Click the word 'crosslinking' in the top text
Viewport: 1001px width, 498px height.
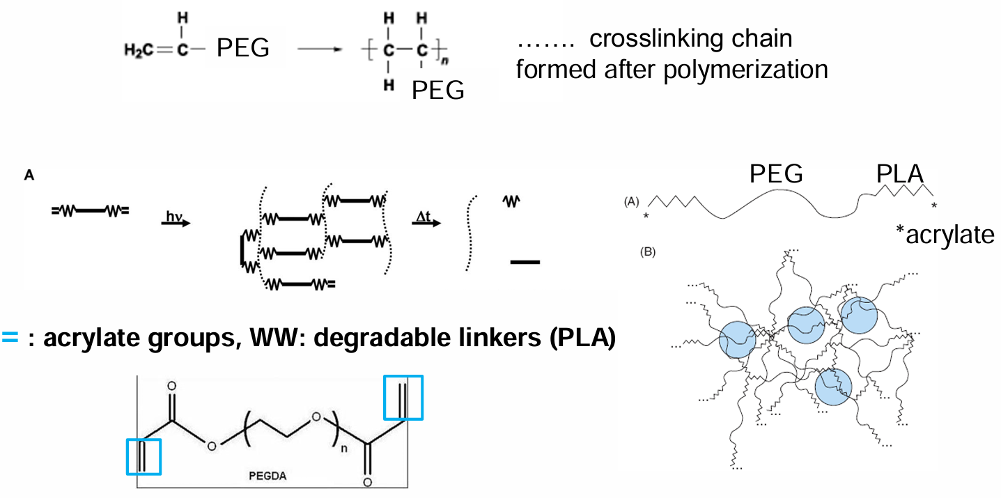pyautogui.click(x=691, y=38)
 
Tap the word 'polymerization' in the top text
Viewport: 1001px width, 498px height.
pyautogui.click(x=745, y=70)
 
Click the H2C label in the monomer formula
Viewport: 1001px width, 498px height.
pyautogui.click(x=139, y=50)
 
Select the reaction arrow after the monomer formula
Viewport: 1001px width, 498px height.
pyautogui.click(x=320, y=49)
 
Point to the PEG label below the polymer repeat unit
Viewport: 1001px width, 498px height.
pyautogui.click(x=438, y=91)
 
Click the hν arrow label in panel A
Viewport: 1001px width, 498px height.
pyautogui.click(x=174, y=216)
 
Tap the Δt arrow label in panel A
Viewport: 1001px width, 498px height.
pyautogui.click(x=424, y=217)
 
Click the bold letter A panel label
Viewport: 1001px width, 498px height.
pyautogui.click(x=29, y=175)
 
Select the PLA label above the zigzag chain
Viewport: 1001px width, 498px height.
pyautogui.click(x=899, y=173)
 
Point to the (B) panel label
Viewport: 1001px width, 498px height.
pyautogui.click(x=648, y=252)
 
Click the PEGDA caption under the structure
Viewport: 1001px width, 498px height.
pyautogui.click(x=267, y=476)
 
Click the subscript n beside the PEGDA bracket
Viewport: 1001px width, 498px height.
pyautogui.click(x=344, y=449)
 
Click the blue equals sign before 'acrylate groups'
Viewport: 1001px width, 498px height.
pyautogui.click(x=10, y=337)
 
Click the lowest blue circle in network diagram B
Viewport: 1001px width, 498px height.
pyautogui.click(x=833, y=387)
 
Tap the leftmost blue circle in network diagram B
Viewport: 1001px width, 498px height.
pyautogui.click(x=738, y=339)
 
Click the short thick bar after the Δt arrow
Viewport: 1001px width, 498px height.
pyautogui.click(x=525, y=262)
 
